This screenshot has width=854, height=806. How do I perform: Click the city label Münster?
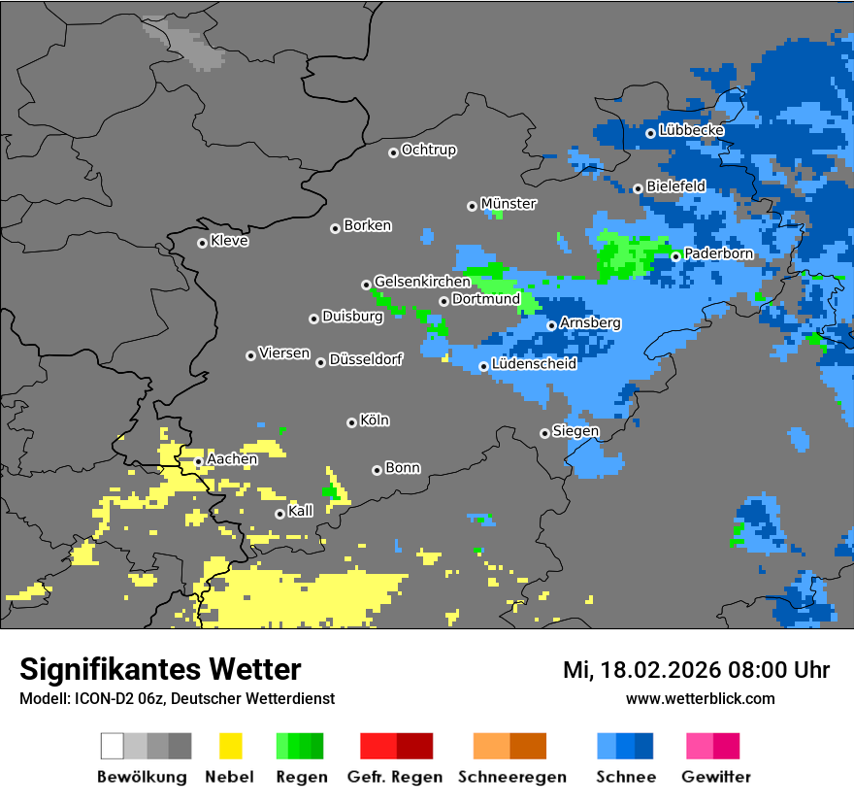[508, 204]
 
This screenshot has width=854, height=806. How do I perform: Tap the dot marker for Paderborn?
[676, 256]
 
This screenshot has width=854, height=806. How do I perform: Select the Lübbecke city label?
[691, 130]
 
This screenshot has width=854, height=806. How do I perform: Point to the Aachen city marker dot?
[198, 461]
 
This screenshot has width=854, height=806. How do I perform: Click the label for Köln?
[374, 420]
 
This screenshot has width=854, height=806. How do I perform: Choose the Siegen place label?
[575, 431]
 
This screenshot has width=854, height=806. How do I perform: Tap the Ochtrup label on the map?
[428, 151]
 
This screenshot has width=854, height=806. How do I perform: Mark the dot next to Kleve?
[202, 243]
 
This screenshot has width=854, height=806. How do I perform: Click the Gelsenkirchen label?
[421, 282]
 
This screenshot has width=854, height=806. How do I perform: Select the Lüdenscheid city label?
[534, 364]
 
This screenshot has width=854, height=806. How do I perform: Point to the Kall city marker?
[279, 514]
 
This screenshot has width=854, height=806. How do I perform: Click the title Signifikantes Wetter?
[160, 669]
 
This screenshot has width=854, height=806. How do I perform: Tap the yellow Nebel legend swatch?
[230, 746]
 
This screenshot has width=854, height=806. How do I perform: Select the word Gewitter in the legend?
[715, 777]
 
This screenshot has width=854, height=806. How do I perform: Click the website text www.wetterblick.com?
[700, 698]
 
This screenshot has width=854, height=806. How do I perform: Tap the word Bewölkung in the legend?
[142, 777]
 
